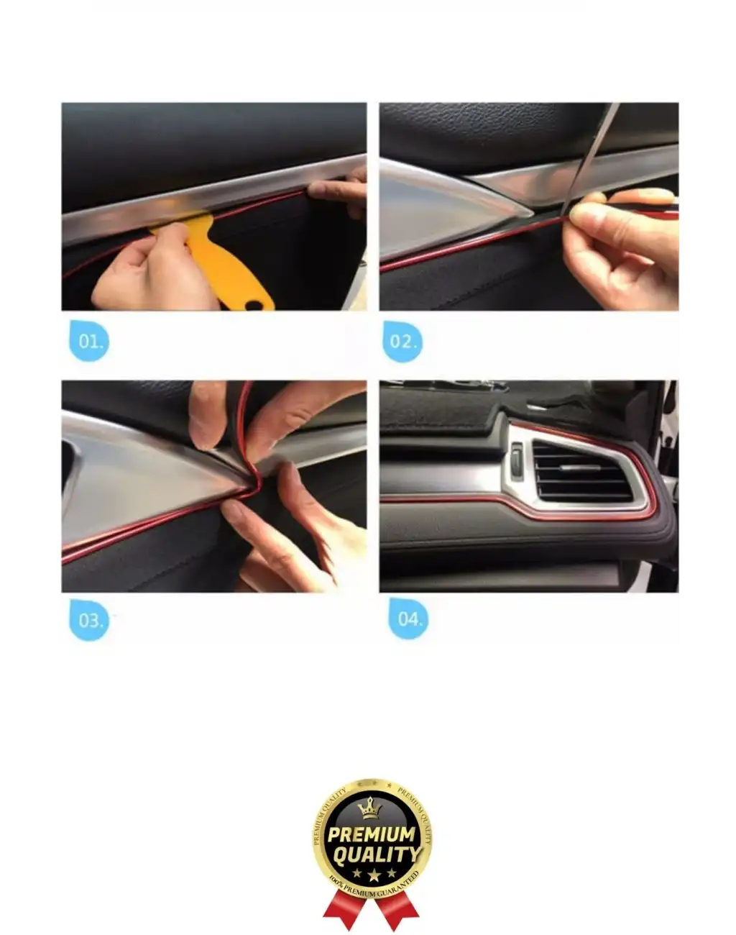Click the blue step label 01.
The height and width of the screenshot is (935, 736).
click(89, 341)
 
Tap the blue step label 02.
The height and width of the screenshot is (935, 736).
click(402, 341)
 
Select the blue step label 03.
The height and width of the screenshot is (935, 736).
click(89, 619)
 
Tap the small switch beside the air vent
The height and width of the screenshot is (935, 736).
click(516, 460)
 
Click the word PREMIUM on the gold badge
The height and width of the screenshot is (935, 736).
click(371, 835)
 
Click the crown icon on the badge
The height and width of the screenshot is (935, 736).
click(370, 809)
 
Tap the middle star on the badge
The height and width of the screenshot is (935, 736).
click(374, 875)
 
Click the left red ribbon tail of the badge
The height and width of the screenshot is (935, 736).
click(344, 908)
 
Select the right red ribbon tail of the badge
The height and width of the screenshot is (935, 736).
click(400, 908)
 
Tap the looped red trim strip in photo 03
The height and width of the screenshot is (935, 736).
click(246, 439)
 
